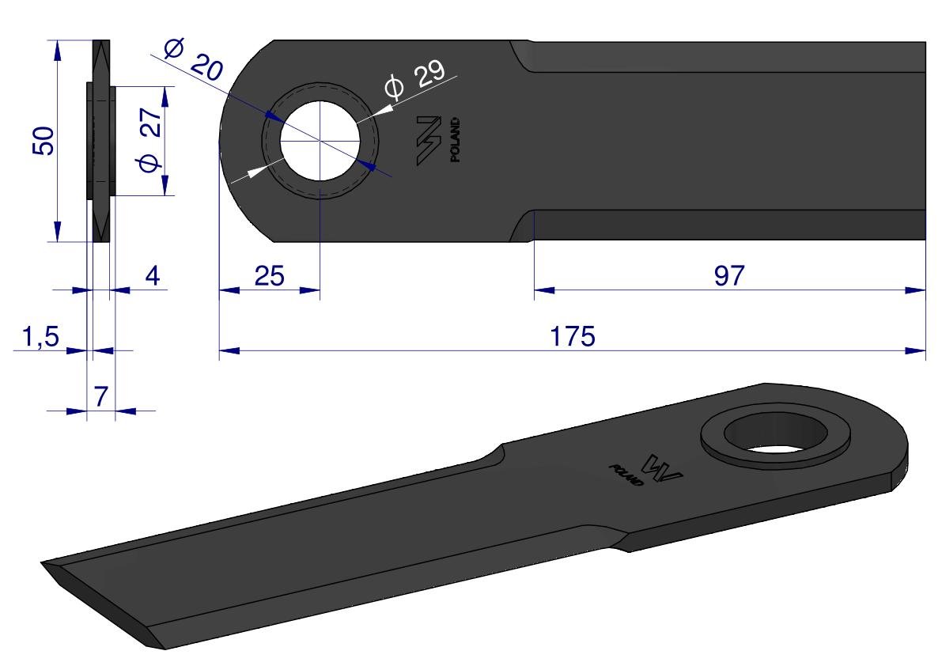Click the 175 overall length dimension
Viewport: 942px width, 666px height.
573,336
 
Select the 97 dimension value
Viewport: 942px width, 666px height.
729,275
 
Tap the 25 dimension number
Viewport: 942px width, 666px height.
269,276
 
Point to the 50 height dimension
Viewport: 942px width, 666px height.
44,141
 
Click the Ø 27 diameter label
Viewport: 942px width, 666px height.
150,139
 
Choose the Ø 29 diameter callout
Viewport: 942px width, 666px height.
415,78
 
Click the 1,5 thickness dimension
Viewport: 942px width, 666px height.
40,337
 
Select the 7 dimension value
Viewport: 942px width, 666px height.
101,396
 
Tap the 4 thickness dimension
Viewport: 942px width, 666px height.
153,275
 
